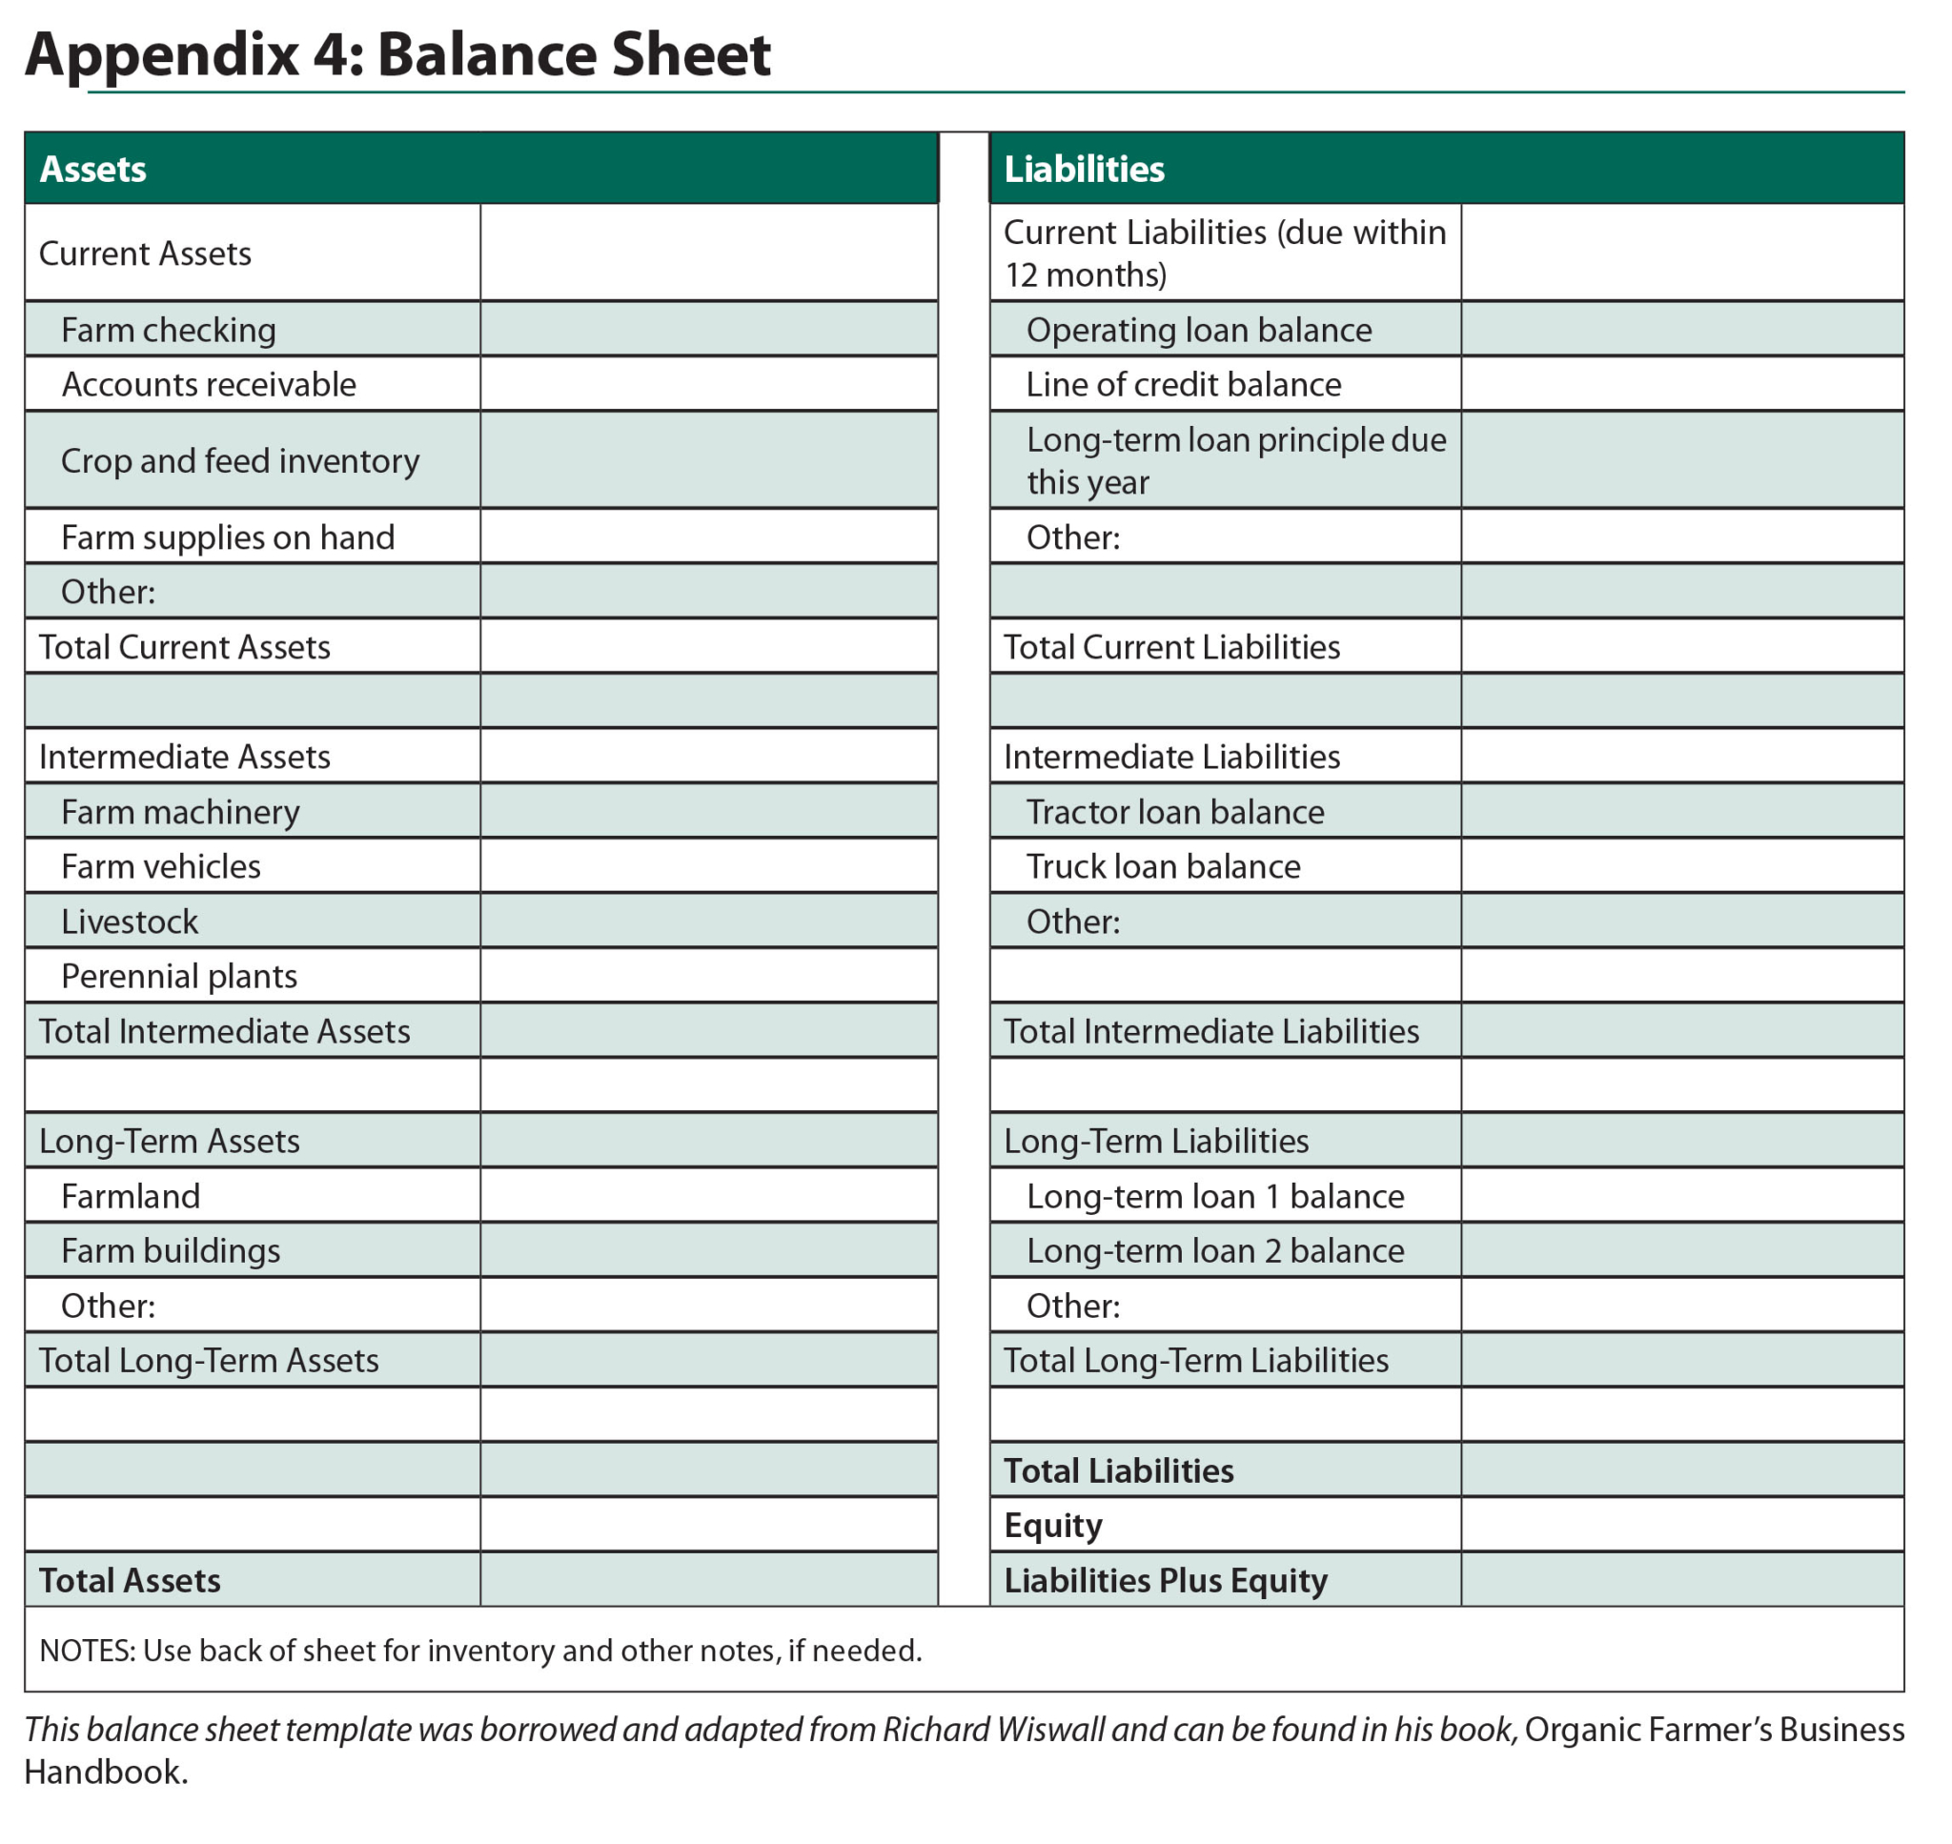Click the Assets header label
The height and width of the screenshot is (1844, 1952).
pos(92,169)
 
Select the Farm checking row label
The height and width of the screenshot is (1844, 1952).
pos(168,331)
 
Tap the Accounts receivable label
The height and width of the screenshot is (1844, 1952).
pos(209,384)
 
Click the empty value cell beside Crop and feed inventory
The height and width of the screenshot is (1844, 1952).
pos(709,460)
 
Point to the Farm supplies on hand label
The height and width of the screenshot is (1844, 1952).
pos(227,537)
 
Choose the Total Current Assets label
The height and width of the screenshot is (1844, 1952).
pos(185,647)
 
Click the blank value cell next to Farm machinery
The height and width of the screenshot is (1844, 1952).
pos(709,812)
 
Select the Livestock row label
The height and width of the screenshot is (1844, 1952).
pos(130,922)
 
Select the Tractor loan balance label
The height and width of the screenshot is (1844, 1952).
pos(1174,812)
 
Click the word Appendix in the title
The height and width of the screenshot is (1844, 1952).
pos(162,54)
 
